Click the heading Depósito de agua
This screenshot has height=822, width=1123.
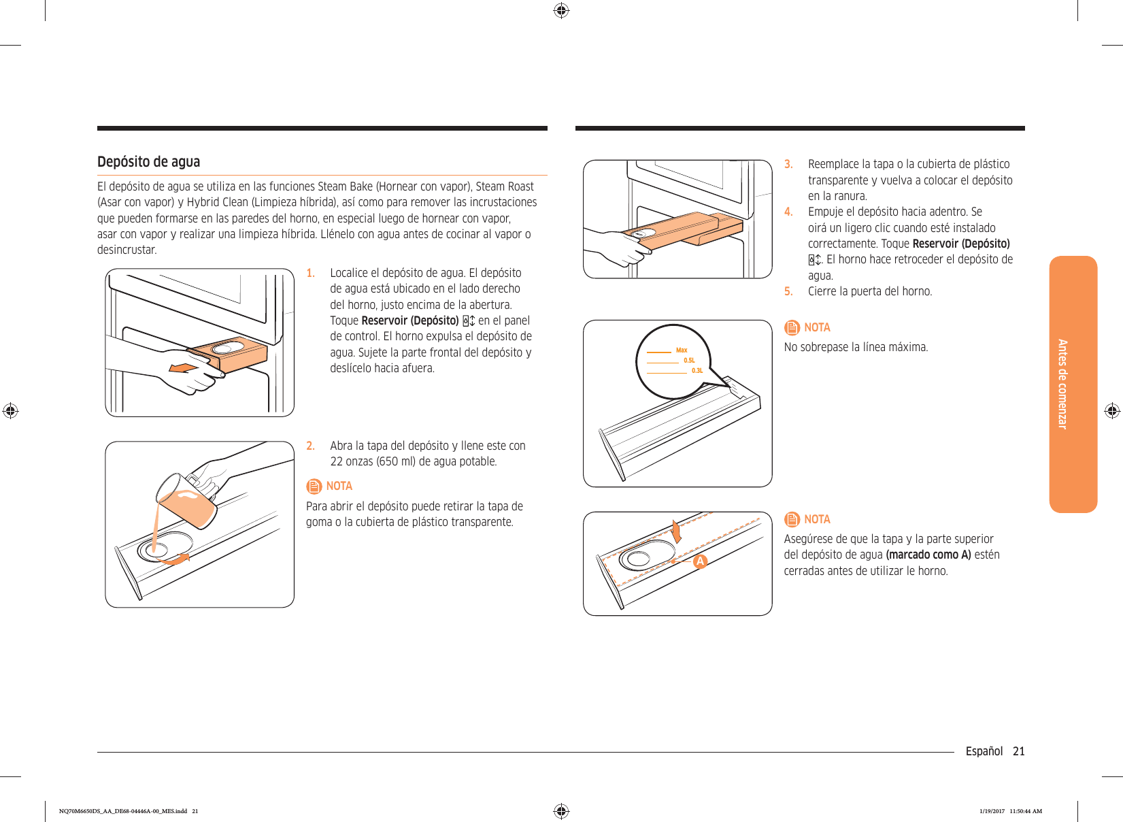click(x=148, y=162)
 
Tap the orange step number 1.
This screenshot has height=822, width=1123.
click(x=310, y=273)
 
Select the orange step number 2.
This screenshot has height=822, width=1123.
click(x=310, y=446)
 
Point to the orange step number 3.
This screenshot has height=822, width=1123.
click(x=788, y=164)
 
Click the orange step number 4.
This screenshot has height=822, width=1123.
click(x=788, y=212)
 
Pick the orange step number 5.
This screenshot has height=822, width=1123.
click(x=788, y=291)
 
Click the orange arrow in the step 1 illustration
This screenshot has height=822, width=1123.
click(x=183, y=368)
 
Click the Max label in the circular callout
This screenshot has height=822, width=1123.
click(x=682, y=350)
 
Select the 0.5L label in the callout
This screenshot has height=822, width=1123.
click(x=689, y=361)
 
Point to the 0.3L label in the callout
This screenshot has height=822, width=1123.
click(x=697, y=371)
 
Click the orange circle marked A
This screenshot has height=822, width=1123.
click(x=700, y=561)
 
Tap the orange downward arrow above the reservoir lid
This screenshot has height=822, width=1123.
click(x=676, y=531)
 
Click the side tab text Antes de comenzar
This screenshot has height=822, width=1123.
click(x=1062, y=384)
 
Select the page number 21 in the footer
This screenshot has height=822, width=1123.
click(x=1018, y=751)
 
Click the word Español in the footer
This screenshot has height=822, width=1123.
click(x=984, y=751)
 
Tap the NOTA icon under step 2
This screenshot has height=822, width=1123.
click(x=314, y=486)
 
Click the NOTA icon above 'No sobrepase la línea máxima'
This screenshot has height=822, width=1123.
click(x=792, y=327)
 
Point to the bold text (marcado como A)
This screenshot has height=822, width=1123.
click(x=928, y=555)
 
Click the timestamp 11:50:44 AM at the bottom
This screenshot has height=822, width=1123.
click(x=1026, y=811)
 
